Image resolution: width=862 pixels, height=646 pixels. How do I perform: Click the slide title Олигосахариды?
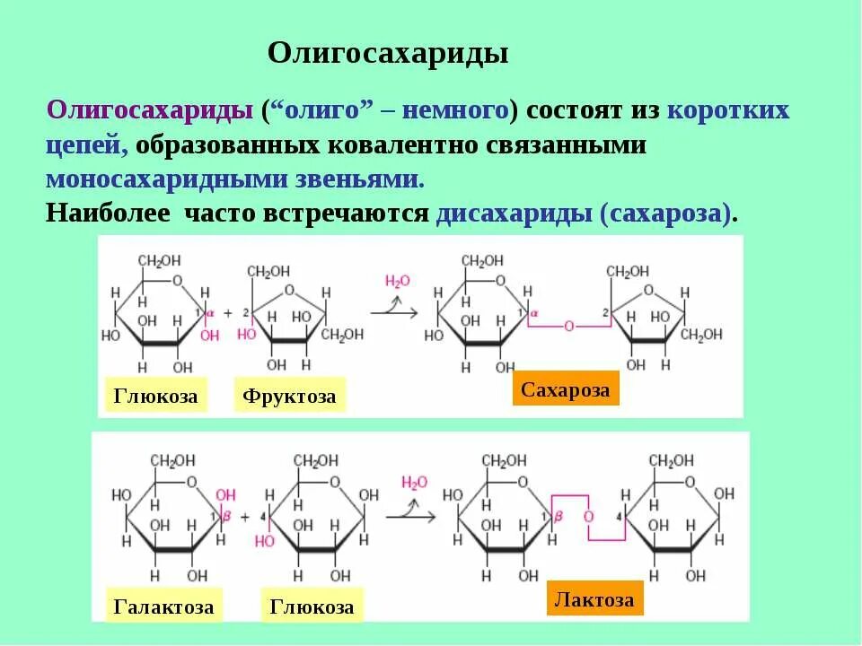(388, 53)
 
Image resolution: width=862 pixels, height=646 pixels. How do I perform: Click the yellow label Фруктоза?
(290, 396)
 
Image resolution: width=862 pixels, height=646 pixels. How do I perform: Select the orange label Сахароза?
(566, 389)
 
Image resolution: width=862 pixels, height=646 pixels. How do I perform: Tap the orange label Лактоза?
(594, 599)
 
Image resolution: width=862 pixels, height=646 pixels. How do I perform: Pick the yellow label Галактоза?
(164, 607)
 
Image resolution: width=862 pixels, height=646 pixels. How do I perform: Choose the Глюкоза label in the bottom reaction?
(312, 607)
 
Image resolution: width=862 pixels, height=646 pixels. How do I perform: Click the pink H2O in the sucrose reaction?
(397, 281)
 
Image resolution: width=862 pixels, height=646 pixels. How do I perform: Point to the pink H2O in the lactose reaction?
(414, 483)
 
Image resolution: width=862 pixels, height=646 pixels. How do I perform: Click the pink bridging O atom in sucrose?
(568, 327)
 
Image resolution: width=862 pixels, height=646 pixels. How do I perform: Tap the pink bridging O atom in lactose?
(588, 518)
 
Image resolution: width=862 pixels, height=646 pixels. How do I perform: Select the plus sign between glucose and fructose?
(227, 313)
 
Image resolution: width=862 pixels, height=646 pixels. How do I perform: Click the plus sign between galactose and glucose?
(268, 495)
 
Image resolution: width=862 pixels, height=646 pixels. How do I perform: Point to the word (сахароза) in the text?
(670, 214)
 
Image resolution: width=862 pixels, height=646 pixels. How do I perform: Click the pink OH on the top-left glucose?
(209, 336)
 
